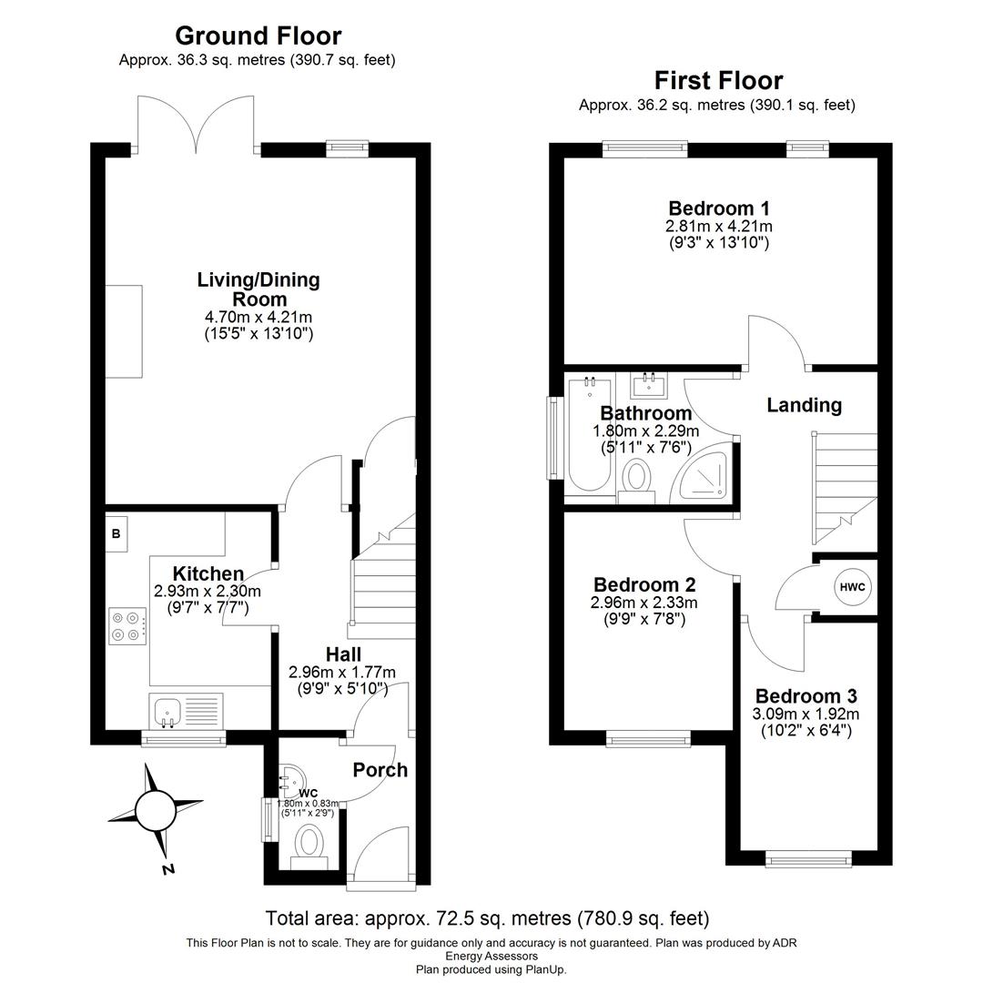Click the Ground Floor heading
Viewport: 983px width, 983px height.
tap(258, 36)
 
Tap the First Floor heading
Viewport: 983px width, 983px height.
tap(717, 81)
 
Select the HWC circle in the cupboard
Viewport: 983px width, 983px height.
tap(852, 588)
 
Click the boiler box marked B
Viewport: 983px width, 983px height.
tap(117, 534)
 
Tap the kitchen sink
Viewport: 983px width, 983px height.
tap(167, 710)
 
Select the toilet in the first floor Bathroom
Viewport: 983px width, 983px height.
tap(636, 475)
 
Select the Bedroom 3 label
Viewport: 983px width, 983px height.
tap(806, 696)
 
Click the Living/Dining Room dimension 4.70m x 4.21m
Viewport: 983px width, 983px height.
tap(258, 317)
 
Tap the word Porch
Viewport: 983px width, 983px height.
tap(380, 770)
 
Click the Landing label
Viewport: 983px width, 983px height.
tap(804, 406)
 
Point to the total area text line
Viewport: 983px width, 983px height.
tap(487, 918)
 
